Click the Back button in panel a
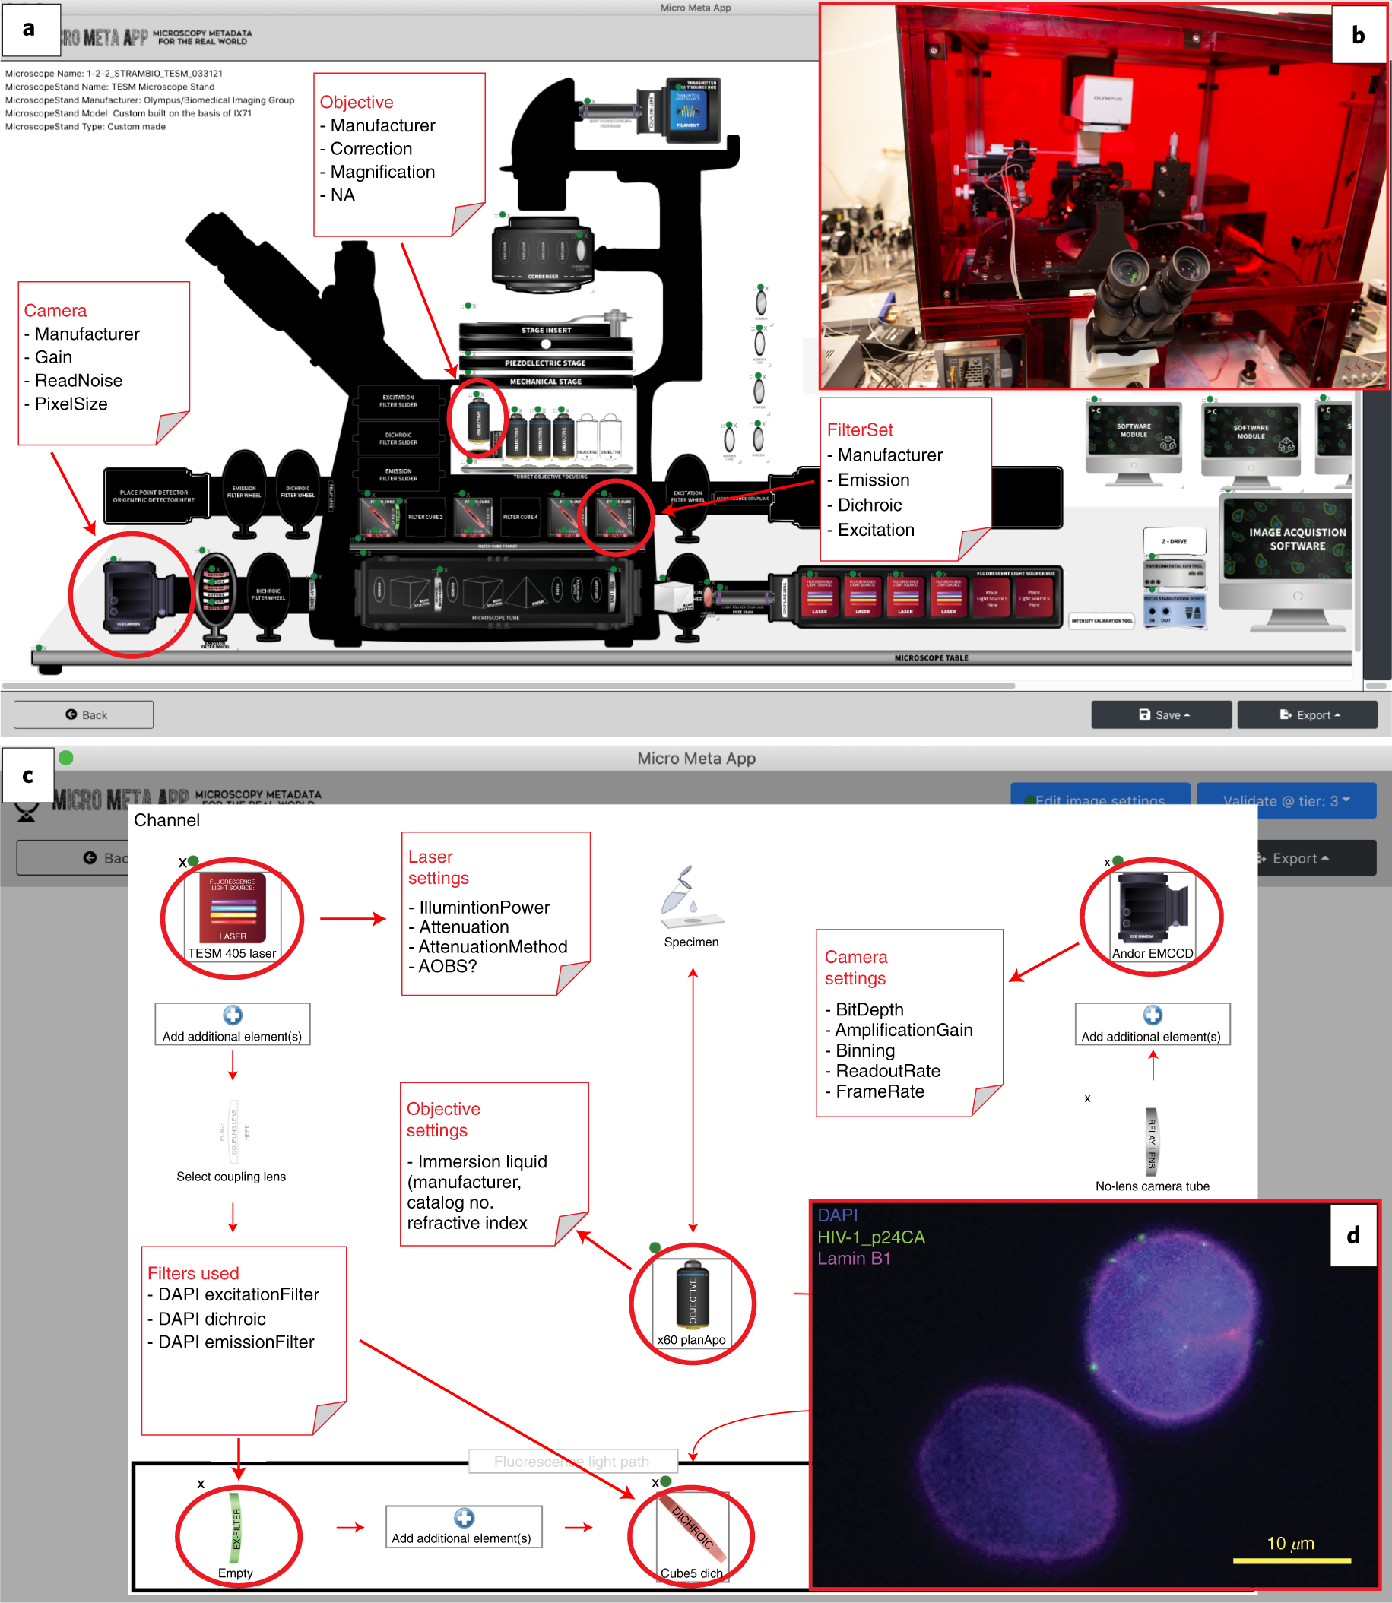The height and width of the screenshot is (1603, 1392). (83, 714)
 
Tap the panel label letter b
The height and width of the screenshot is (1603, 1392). (1358, 35)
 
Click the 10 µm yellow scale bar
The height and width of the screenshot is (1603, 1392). (1291, 1560)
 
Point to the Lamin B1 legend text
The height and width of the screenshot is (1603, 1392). (853, 1258)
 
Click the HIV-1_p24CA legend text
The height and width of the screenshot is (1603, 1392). (870, 1237)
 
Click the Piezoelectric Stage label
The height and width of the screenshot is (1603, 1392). (545, 363)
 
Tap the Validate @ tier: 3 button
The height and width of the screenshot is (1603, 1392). (1285, 800)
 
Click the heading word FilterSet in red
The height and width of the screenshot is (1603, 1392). (859, 430)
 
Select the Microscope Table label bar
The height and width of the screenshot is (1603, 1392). (931, 657)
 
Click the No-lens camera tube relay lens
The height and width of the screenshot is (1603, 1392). (1151, 1141)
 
